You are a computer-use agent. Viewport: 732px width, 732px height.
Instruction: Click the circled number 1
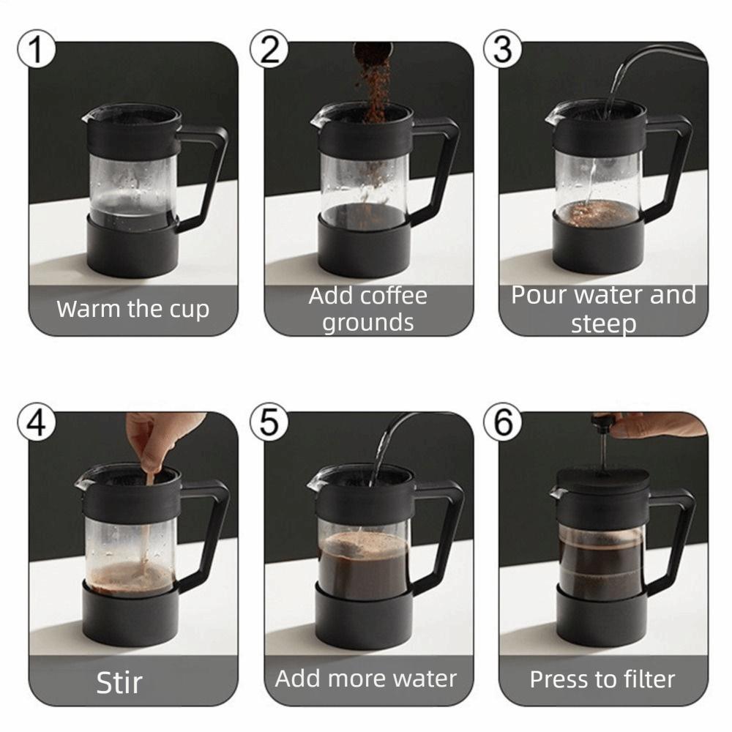pyautogui.click(x=34, y=50)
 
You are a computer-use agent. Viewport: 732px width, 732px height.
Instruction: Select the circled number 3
pyautogui.click(x=503, y=50)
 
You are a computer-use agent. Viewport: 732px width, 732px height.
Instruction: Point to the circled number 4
pyautogui.click(x=34, y=422)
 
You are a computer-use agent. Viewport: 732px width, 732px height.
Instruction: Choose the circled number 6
pyautogui.click(x=503, y=422)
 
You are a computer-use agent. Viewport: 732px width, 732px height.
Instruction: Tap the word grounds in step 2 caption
pyautogui.click(x=368, y=322)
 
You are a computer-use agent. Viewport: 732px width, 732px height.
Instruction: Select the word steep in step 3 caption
pyautogui.click(x=603, y=324)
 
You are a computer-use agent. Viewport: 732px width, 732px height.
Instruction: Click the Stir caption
pyautogui.click(x=119, y=682)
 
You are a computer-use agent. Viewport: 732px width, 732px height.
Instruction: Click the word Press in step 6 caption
pyautogui.click(x=559, y=679)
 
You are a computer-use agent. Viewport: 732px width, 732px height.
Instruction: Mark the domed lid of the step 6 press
pyautogui.click(x=602, y=479)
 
